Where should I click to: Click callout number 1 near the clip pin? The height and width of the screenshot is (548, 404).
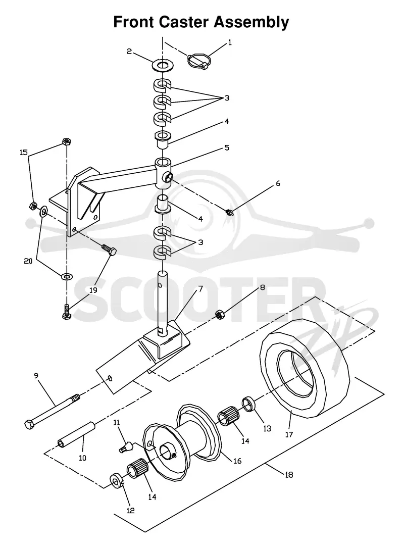coord(230,42)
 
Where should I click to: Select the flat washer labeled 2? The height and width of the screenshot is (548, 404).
coord(163,65)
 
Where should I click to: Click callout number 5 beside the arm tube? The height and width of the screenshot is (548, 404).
coord(227,147)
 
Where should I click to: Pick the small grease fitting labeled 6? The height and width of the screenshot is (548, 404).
coord(229,211)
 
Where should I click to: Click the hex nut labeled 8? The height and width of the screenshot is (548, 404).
coord(220,315)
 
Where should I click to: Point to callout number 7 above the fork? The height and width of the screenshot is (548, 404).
coord(200,289)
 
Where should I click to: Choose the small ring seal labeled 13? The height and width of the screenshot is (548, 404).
coord(248,404)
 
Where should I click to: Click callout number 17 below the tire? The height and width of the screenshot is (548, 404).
coord(289,434)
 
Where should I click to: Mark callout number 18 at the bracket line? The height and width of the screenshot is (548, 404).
coord(289,475)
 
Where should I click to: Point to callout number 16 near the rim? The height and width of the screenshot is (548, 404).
coord(237,461)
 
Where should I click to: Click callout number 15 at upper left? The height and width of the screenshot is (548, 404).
coord(23,153)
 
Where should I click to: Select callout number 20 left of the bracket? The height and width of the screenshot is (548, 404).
coord(28,261)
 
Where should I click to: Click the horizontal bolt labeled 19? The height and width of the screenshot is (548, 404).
coord(109,249)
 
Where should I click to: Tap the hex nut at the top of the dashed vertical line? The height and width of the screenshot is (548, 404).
coord(66,141)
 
